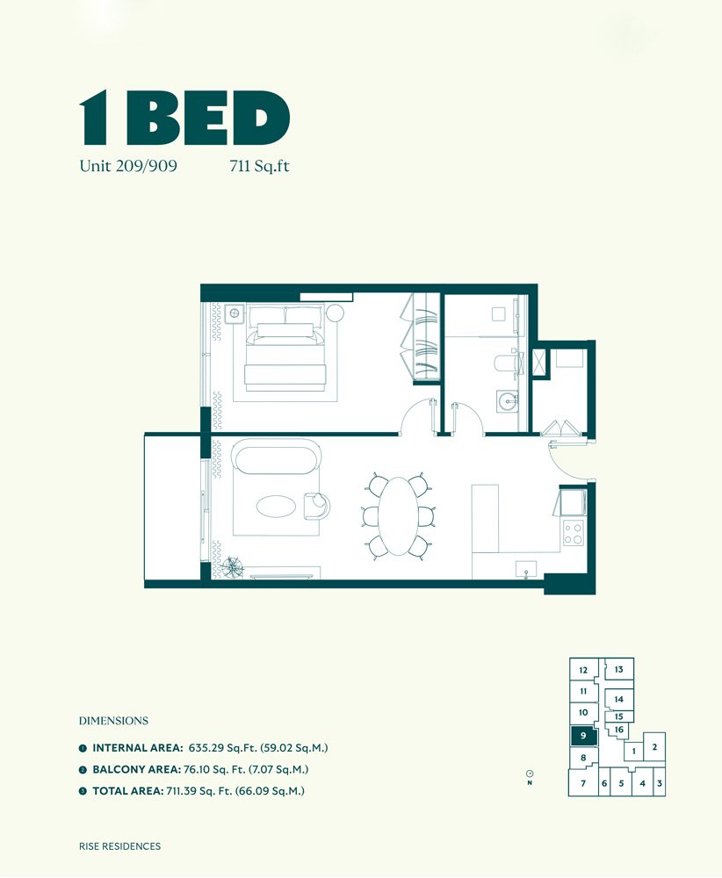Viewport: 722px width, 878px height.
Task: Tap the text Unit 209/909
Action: pos(128,165)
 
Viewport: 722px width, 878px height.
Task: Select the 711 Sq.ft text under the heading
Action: pos(258,165)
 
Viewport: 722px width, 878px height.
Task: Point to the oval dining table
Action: pos(399,515)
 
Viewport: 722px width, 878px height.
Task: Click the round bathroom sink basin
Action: pos(507,401)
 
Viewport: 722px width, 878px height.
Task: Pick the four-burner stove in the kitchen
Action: pos(573,533)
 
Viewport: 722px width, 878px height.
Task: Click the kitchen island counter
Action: pos(485,518)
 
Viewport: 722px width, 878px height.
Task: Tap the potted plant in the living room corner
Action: pos(235,566)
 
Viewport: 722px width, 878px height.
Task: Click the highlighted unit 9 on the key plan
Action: pos(583,736)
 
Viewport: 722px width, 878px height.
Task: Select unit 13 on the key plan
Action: pos(618,670)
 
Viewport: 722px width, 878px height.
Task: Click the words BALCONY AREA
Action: pos(135,769)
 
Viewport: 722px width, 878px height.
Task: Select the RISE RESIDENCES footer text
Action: pos(119,846)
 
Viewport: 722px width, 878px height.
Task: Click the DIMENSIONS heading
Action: pos(113,721)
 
